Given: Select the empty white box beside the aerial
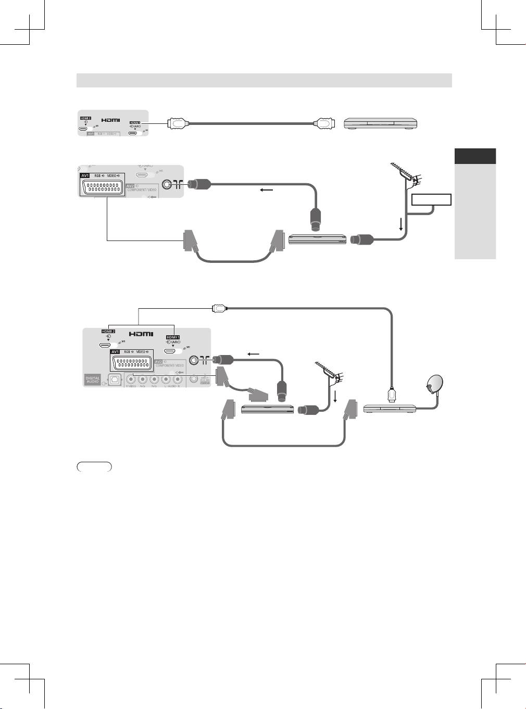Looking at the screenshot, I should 431,199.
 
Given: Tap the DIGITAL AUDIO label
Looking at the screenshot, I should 93,379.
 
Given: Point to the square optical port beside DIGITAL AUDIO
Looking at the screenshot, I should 111,379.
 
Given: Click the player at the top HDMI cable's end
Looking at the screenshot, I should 381,124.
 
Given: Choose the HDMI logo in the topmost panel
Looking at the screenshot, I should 110,120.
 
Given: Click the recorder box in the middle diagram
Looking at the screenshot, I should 317,239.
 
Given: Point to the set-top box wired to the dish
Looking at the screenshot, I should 390,409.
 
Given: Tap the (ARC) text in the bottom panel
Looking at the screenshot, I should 173,343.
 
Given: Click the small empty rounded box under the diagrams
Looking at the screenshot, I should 94,466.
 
